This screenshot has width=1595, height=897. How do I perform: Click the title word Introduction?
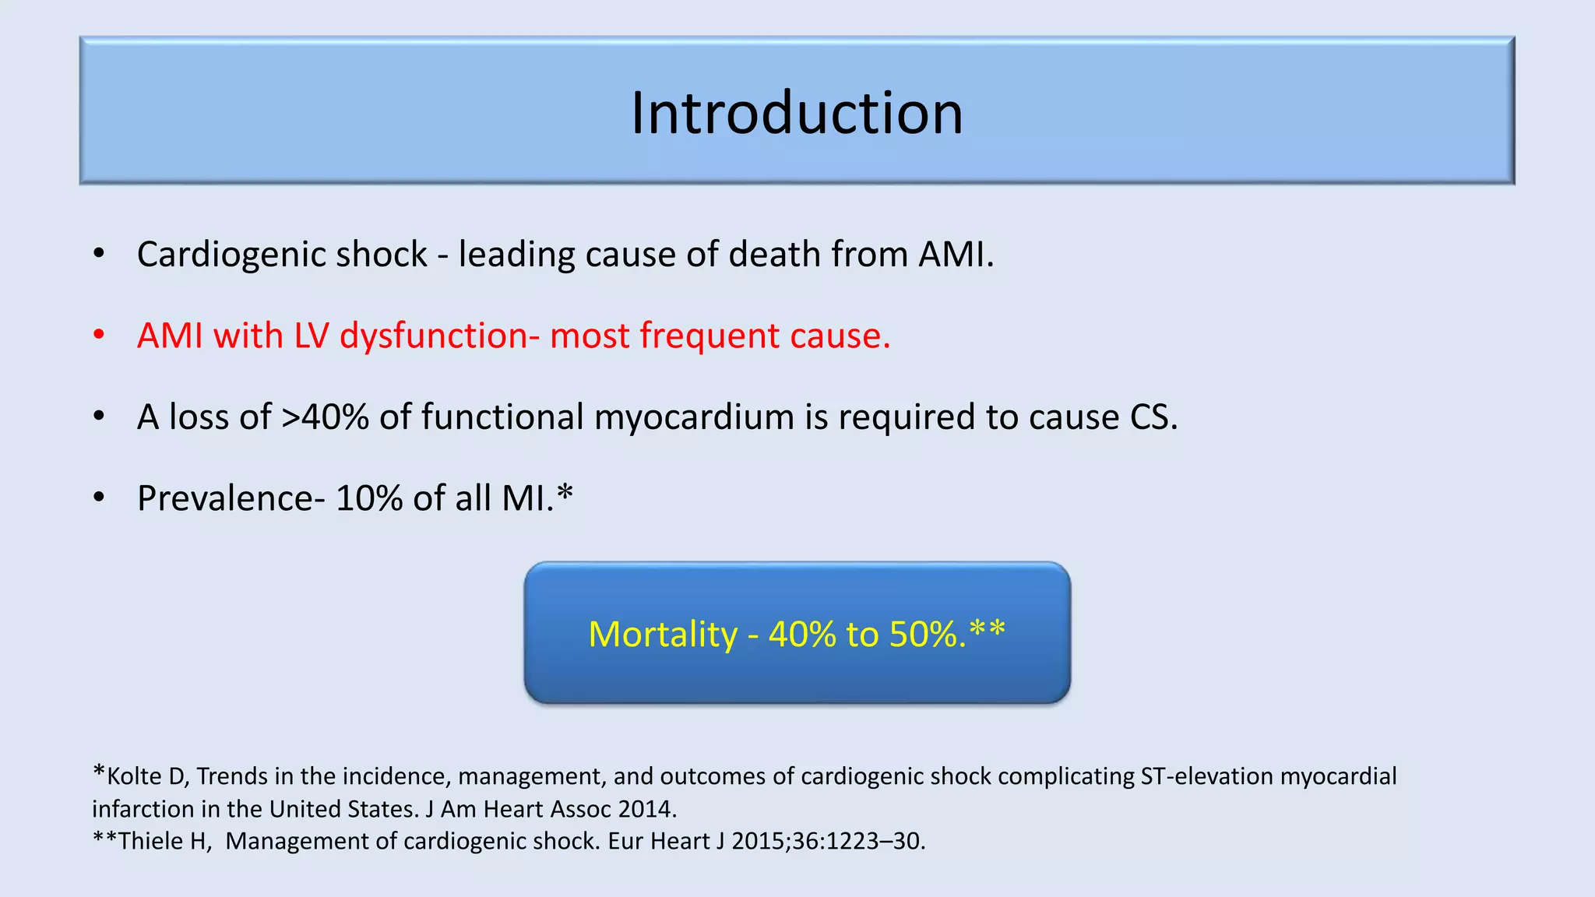[797, 113]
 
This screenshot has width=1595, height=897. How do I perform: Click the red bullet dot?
[99, 335]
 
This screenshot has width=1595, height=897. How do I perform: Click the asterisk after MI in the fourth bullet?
[565, 492]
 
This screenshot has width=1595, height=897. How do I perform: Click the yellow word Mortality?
[663, 634]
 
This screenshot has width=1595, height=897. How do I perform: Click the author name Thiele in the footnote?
[151, 842]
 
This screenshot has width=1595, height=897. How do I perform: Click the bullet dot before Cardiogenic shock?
[99, 254]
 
